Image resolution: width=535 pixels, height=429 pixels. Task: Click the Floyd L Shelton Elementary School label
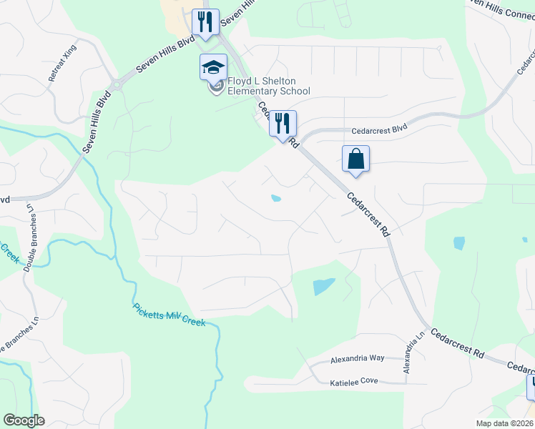[268, 87]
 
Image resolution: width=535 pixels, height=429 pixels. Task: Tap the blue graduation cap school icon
[212, 67]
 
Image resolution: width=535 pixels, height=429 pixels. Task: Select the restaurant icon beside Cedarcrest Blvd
[283, 123]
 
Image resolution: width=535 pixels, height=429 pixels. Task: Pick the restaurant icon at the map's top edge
[206, 21]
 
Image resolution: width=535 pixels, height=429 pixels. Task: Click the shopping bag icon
[355, 159]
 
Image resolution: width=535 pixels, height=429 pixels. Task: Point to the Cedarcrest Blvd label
[378, 131]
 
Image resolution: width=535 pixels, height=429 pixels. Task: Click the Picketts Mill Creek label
[170, 315]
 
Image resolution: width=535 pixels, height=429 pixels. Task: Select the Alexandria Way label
[357, 358]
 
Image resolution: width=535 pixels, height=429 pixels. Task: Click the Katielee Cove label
[353, 381]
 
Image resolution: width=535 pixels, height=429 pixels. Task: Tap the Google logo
[24, 420]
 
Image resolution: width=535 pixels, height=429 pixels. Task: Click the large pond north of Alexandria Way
[324, 287]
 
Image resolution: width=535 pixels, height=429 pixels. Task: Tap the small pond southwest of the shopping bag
[275, 199]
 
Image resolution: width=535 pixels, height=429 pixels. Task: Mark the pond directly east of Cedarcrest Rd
[458, 243]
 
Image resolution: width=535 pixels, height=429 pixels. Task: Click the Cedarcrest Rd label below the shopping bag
[369, 214]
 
